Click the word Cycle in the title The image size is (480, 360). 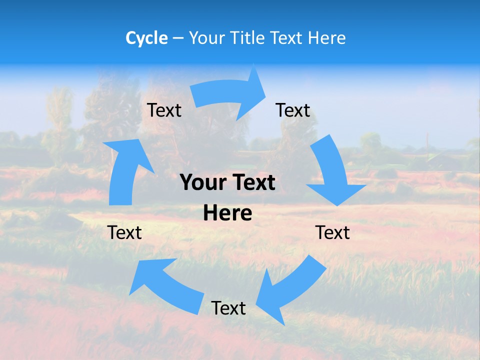146,38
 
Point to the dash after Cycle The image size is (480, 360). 178,38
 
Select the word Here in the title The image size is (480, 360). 326,38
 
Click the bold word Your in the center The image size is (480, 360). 201,183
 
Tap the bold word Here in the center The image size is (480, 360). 227,213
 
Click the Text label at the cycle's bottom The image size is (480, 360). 228,308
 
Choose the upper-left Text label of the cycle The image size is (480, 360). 164,110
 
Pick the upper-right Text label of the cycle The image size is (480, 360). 293,110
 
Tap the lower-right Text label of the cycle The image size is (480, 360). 332,232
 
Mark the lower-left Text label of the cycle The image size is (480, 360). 124,232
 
